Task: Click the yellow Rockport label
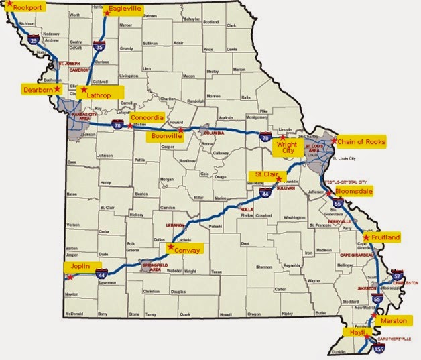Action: tap(24, 9)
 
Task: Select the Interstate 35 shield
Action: tap(99, 48)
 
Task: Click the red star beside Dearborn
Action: tap(58, 88)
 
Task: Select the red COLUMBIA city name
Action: tap(214, 133)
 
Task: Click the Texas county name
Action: tap(215, 272)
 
